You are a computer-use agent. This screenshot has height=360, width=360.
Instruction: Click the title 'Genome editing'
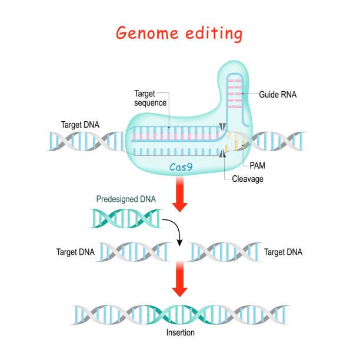(179, 34)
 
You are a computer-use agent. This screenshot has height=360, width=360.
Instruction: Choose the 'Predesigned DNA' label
(126, 199)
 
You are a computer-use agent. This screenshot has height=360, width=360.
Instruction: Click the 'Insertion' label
(179, 332)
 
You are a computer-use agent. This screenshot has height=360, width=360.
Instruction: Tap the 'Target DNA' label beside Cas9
(80, 125)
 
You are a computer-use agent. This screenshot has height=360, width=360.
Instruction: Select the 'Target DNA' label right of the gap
(284, 252)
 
